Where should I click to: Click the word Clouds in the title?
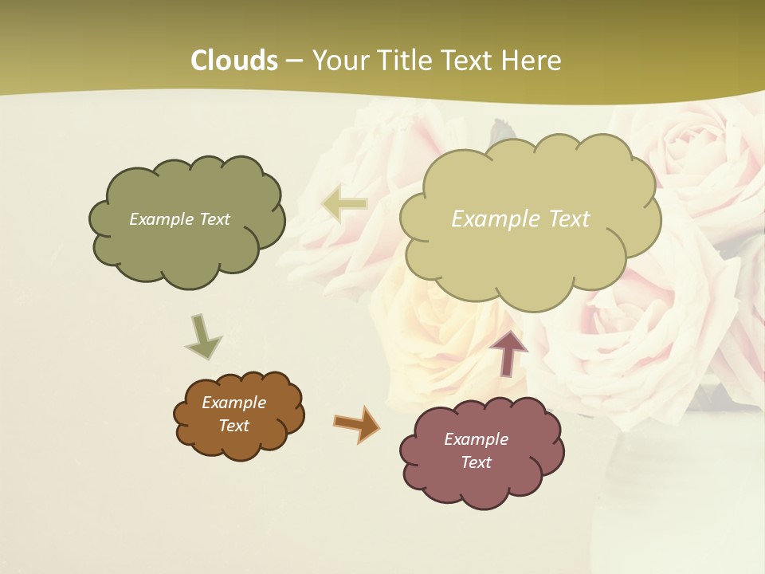click(x=234, y=61)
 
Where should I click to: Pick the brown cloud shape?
click(x=239, y=446)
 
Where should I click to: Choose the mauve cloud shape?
click(x=481, y=486)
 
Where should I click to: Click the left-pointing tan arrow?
click(x=344, y=204)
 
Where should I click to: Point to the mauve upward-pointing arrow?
click(x=508, y=352)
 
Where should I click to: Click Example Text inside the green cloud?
click(x=179, y=219)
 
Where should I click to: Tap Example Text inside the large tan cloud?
click(x=520, y=219)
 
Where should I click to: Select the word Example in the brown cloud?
click(x=233, y=403)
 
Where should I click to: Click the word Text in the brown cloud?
click(x=233, y=426)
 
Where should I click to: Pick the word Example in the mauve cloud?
click(x=476, y=439)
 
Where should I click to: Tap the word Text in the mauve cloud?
click(x=476, y=462)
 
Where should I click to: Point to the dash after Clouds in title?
click(x=293, y=61)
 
